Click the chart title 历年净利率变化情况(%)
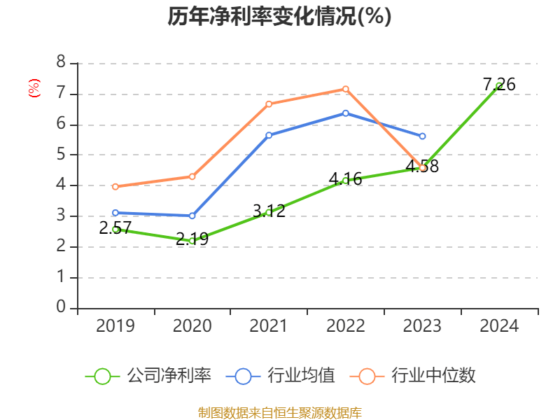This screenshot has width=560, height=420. click(x=279, y=16)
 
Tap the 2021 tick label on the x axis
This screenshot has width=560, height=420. click(x=269, y=325)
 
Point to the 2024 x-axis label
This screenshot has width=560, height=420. click(x=499, y=325)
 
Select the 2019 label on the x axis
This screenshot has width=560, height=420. click(x=115, y=325)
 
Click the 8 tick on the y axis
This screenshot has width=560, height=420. click(x=61, y=63)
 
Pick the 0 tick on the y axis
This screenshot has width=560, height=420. click(x=61, y=308)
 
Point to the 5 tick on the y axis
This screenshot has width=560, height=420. click(x=61, y=155)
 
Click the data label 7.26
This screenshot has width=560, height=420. click(x=499, y=85)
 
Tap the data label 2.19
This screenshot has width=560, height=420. click(x=192, y=239)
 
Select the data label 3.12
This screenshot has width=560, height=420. click(x=269, y=210)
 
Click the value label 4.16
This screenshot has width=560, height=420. click(x=346, y=178)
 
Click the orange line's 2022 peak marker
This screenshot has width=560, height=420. click(x=346, y=89)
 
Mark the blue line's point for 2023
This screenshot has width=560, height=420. click(x=422, y=136)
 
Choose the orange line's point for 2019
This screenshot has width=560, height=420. click(x=115, y=186)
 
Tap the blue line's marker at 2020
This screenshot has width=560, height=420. click(x=192, y=216)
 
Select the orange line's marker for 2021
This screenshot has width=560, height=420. click(x=269, y=104)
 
